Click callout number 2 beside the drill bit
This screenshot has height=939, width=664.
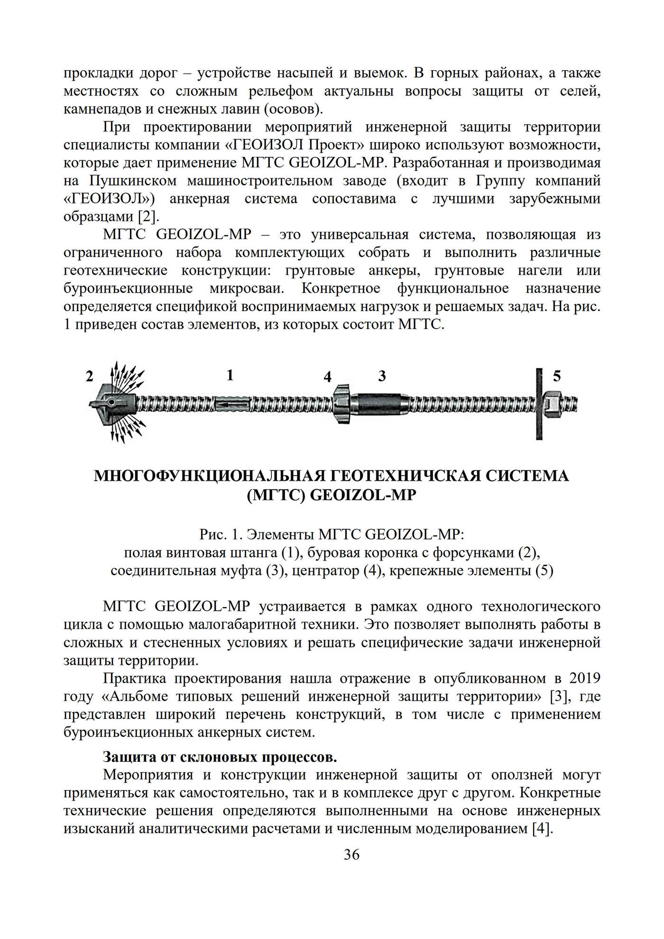(x=90, y=376)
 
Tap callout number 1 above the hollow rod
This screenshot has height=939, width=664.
(x=230, y=375)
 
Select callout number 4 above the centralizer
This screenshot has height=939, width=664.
(x=327, y=377)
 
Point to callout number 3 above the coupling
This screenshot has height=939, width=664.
(x=382, y=376)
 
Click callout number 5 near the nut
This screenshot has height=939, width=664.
(x=557, y=376)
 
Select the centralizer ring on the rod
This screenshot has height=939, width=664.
(x=341, y=404)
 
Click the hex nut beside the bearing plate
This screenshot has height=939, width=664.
(x=552, y=405)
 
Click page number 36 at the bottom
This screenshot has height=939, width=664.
(x=351, y=868)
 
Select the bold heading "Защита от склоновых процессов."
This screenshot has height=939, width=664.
(x=220, y=757)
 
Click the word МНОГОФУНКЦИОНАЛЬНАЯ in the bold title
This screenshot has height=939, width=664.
(x=209, y=476)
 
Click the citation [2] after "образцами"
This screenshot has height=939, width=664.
(x=148, y=217)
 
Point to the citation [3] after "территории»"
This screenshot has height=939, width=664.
(x=558, y=696)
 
